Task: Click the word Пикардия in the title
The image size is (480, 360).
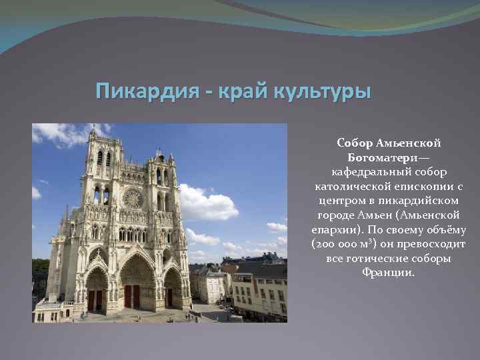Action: [x=141, y=91]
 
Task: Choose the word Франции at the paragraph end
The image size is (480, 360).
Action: [x=389, y=273]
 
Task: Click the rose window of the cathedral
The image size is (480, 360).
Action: [x=132, y=198]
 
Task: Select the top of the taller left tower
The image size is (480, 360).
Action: [x=103, y=137]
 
